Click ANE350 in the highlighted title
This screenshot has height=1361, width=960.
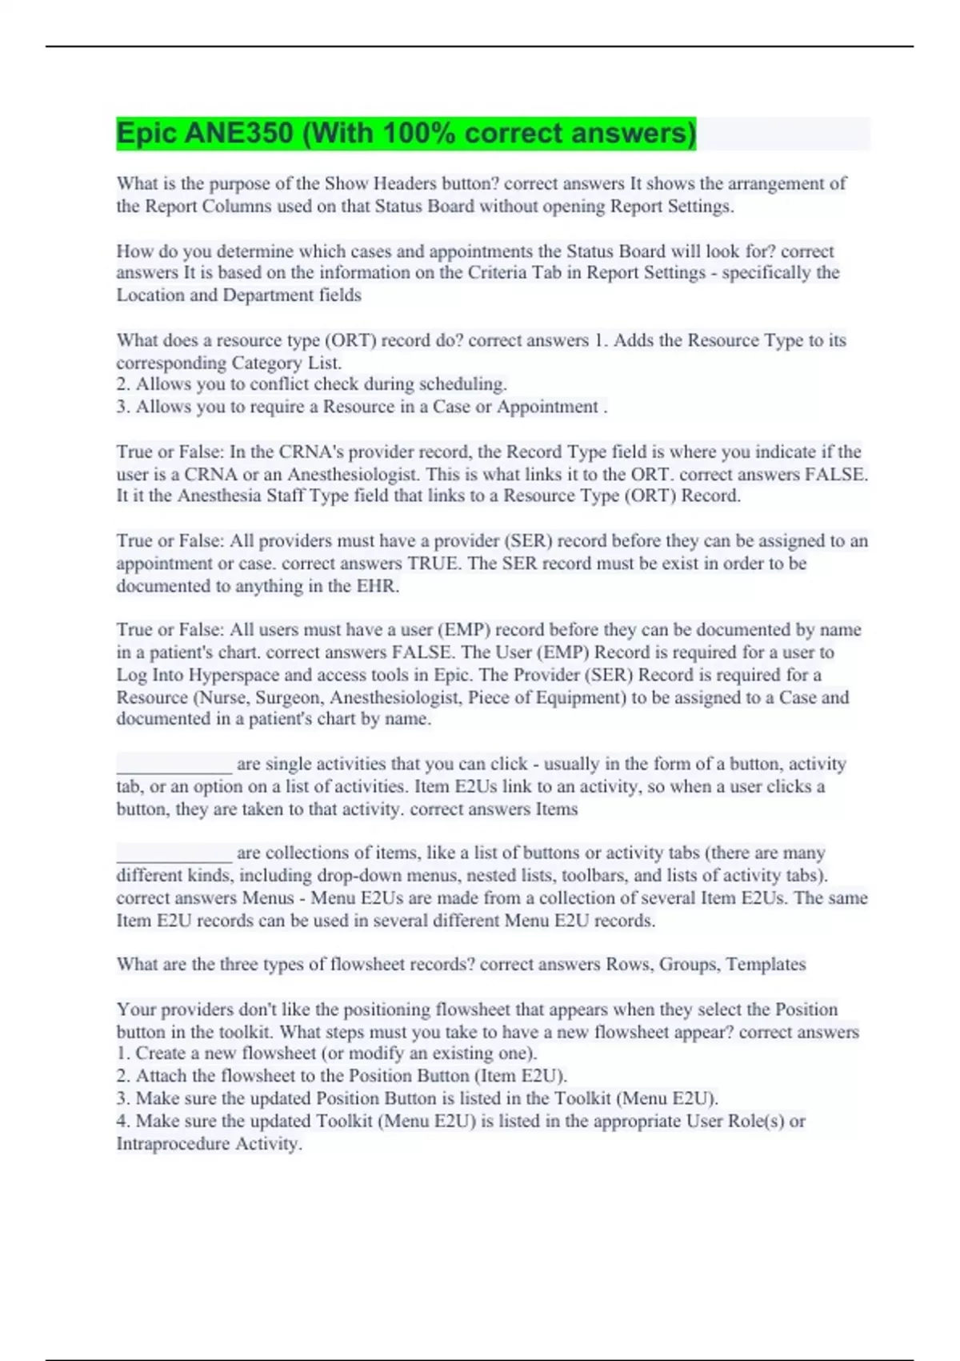coord(239,133)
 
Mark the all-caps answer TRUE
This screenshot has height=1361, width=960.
coord(434,563)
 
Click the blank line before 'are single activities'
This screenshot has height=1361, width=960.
coord(174,765)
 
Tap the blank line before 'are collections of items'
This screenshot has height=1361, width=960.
coord(174,853)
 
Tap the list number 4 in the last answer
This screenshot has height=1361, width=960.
coord(122,1121)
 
